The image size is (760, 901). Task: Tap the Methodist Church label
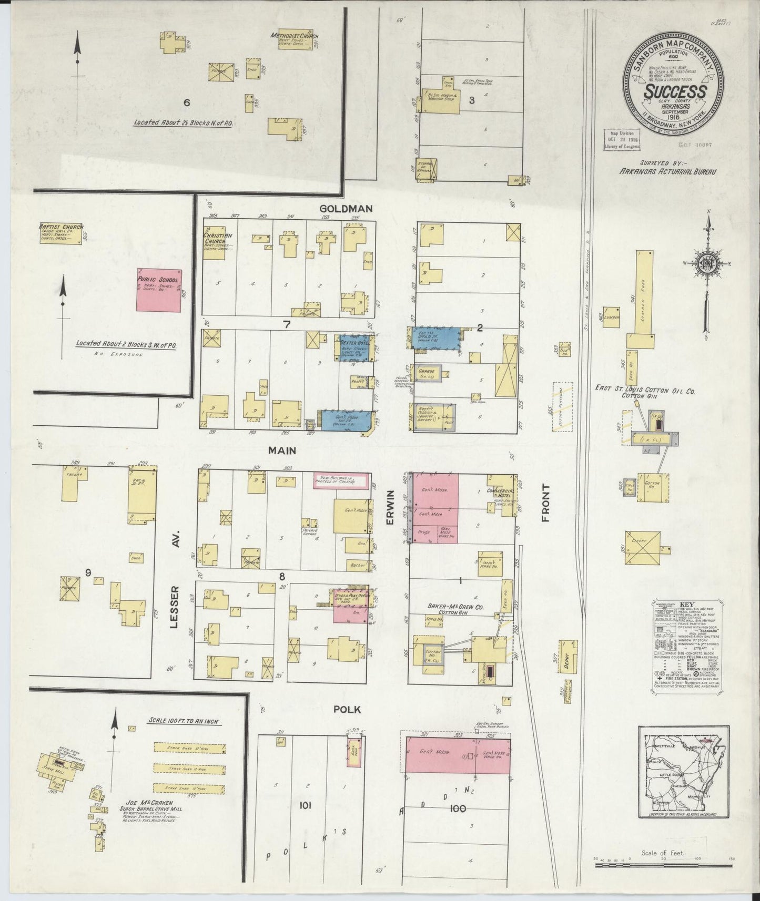coord(295,36)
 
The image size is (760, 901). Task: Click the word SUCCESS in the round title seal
coord(675,91)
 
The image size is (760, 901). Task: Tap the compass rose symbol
coord(708,264)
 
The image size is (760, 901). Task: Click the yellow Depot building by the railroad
coord(567,656)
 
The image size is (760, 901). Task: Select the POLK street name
coord(347,710)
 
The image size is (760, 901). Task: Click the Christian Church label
coord(218,239)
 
